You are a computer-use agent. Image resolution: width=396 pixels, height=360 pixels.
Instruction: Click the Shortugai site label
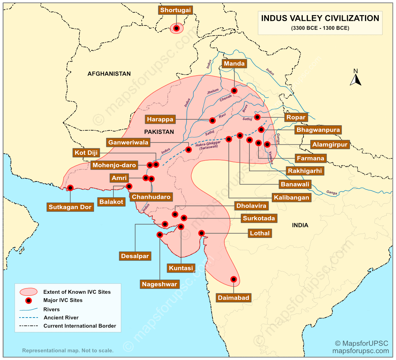click(x=175, y=10)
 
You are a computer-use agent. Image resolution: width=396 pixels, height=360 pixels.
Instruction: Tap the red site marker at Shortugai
click(x=176, y=28)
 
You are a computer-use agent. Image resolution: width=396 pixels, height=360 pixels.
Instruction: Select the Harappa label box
click(x=160, y=119)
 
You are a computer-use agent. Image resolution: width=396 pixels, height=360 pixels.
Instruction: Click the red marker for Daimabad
click(x=233, y=279)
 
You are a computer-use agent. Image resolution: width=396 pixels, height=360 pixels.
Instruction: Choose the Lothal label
click(x=260, y=233)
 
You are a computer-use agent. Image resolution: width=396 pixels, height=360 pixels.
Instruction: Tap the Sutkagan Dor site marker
click(x=71, y=188)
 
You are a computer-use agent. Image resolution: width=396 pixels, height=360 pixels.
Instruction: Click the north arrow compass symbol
click(x=356, y=78)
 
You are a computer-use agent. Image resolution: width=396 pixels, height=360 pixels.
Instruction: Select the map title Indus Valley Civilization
click(x=320, y=18)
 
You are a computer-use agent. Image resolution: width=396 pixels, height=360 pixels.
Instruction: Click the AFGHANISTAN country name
click(x=109, y=74)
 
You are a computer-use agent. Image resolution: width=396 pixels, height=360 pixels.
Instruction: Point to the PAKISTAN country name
click(x=159, y=132)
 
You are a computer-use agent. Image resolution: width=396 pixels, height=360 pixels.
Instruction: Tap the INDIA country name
click(x=300, y=225)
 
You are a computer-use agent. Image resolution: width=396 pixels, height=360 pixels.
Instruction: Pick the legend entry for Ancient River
click(x=61, y=318)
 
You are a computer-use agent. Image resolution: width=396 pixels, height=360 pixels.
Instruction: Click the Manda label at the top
click(x=234, y=64)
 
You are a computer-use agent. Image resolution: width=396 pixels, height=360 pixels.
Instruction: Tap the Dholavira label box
click(x=251, y=206)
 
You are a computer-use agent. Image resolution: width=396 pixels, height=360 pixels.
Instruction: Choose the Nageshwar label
click(x=159, y=284)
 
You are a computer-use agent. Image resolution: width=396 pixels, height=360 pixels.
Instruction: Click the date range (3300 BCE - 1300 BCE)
click(x=320, y=28)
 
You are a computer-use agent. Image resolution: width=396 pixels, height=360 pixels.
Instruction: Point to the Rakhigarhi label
click(x=305, y=171)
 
